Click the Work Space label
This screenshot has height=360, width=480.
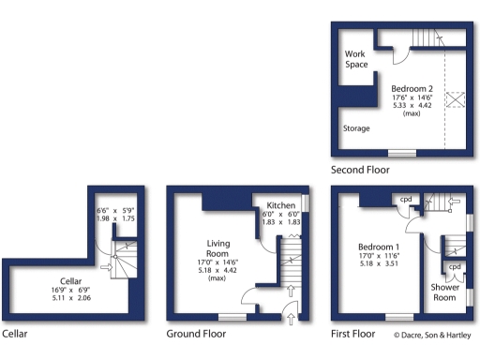[356, 59]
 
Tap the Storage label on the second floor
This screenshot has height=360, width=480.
[356, 128]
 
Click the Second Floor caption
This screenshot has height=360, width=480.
[360, 170]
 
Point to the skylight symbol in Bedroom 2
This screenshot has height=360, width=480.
[457, 99]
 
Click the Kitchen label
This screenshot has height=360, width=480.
[281, 205]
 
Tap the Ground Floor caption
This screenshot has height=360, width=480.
[198, 333]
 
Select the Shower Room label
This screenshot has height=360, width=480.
[444, 292]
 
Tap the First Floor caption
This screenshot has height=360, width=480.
[353, 333]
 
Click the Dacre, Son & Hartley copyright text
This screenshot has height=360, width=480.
[433, 334]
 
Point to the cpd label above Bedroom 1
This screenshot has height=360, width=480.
[407, 199]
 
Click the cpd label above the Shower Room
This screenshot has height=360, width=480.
[455, 266]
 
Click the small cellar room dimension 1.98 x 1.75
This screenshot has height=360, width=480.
[116, 217]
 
